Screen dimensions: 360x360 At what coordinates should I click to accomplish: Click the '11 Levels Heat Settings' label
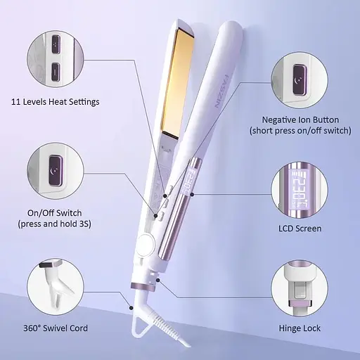point(56,102)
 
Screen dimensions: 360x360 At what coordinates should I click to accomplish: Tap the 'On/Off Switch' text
point(55,213)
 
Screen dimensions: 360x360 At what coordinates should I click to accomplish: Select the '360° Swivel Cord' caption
point(56,328)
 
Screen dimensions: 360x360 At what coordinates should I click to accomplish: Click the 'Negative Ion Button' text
point(300,120)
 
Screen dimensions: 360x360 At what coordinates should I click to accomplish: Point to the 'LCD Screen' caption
point(300,229)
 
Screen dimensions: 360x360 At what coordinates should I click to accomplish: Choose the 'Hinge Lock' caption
point(300,328)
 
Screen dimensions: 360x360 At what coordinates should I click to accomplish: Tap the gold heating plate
point(178,82)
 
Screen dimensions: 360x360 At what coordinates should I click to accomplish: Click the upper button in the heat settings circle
point(56,44)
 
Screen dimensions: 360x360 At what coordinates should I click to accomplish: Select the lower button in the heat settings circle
point(56,72)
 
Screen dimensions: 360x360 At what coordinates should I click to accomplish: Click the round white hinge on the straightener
point(146,244)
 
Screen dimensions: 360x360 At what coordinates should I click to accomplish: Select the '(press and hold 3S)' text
point(55,224)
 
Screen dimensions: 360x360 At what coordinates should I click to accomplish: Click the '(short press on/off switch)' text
point(300,131)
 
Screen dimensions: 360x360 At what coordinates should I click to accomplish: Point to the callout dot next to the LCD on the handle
point(192,194)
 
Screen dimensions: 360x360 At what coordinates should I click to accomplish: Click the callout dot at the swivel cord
point(131,308)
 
